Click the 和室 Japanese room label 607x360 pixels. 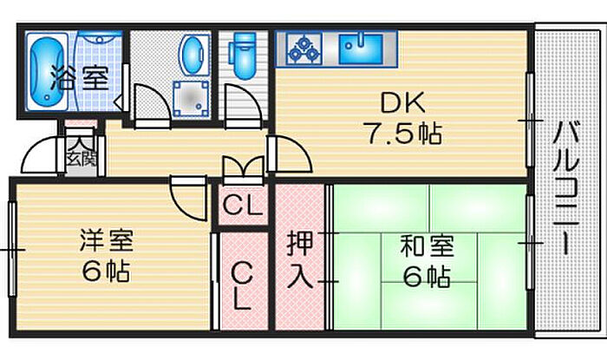click(424, 245)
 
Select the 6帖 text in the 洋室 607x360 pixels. click(106, 271)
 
